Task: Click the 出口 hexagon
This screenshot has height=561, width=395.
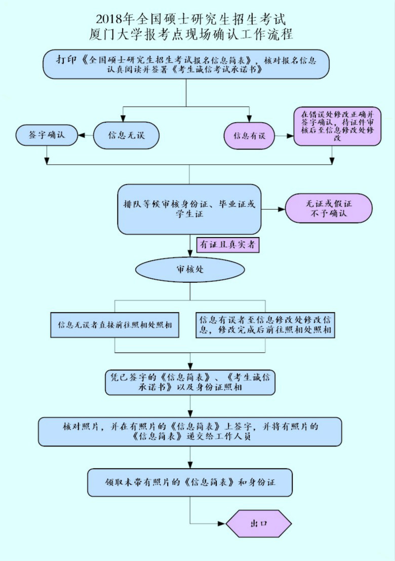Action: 259,523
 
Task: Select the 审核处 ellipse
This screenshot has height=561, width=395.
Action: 190,270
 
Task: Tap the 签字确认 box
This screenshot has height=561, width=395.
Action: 47,135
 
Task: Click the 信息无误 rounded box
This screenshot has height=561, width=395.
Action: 126,135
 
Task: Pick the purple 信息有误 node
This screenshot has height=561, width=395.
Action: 249,136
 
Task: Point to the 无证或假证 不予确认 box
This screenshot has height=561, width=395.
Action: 329,208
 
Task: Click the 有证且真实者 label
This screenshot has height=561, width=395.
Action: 228,245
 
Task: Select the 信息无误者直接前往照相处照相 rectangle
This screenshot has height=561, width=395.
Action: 115,325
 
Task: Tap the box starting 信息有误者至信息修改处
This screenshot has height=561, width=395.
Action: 265,325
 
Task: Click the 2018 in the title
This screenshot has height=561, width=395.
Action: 109,19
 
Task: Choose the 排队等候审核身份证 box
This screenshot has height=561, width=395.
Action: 189,209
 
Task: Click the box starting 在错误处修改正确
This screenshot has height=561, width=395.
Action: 337,126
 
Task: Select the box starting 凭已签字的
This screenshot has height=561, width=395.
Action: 190,382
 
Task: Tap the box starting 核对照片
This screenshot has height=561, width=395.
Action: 190,431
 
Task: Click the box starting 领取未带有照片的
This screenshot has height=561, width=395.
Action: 190,482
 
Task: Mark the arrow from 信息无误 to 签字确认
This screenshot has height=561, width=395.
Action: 86,135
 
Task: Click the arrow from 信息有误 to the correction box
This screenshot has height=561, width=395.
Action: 284,136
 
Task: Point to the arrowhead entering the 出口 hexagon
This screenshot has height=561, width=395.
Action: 222,524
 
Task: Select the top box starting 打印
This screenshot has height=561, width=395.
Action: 186,64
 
